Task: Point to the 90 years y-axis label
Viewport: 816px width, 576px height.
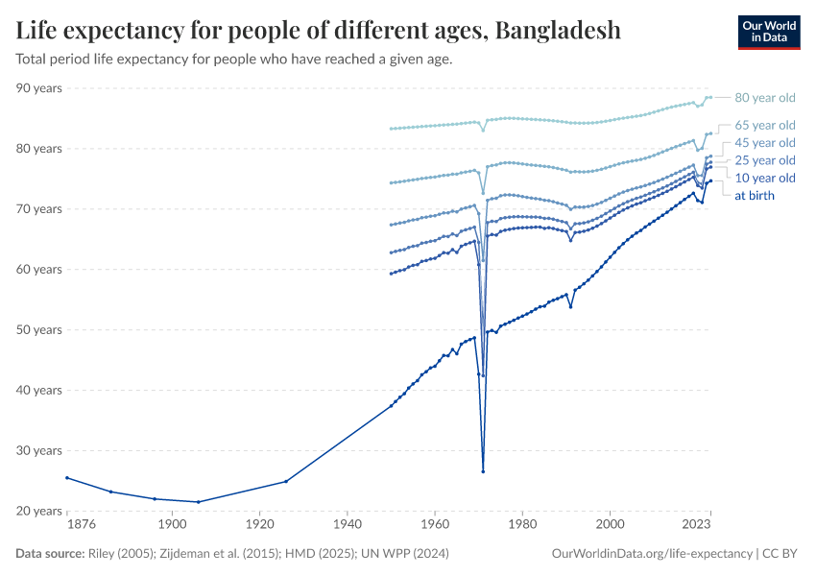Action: (39, 88)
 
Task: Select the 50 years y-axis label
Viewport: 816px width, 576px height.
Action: (39, 330)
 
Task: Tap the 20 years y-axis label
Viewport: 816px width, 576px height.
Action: (39, 512)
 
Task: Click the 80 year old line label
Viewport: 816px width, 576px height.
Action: (765, 98)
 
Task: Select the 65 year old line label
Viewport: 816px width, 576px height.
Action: (765, 126)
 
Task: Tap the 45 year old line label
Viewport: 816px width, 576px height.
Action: (765, 143)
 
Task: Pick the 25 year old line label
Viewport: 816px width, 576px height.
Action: (765, 160)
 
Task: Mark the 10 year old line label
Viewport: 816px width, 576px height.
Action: (765, 179)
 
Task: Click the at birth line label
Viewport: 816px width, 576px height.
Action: (755, 196)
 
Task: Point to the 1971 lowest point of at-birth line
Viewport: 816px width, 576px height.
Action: (483, 471)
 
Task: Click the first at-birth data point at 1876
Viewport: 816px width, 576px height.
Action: (67, 478)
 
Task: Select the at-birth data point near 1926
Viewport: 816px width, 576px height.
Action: (286, 481)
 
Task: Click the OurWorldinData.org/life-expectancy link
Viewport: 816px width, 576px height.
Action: (653, 554)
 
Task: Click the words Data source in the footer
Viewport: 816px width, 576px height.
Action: (49, 554)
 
